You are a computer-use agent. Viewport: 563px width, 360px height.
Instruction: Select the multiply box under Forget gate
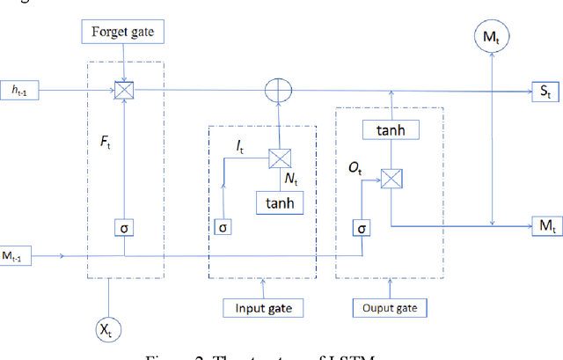[x=125, y=90]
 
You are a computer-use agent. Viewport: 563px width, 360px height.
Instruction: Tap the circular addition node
[x=278, y=90]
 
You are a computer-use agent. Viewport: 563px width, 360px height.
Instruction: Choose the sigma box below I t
[x=223, y=228]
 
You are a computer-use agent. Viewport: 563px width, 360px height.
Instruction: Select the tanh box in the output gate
[x=389, y=131]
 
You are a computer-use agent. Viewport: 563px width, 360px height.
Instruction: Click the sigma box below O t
[x=361, y=228]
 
